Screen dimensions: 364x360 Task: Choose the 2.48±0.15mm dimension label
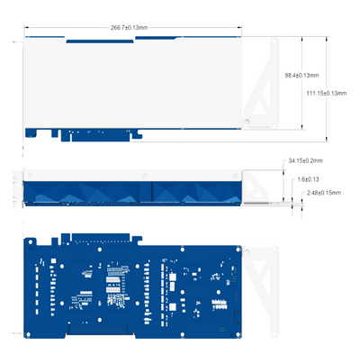point(325,192)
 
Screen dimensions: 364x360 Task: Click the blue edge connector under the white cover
point(99,134)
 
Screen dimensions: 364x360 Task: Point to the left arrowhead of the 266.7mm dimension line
point(26,28)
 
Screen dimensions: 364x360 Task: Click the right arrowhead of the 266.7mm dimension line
point(241,28)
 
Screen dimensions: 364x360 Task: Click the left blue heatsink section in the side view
point(85,192)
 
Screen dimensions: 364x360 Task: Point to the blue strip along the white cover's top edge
point(153,39)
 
